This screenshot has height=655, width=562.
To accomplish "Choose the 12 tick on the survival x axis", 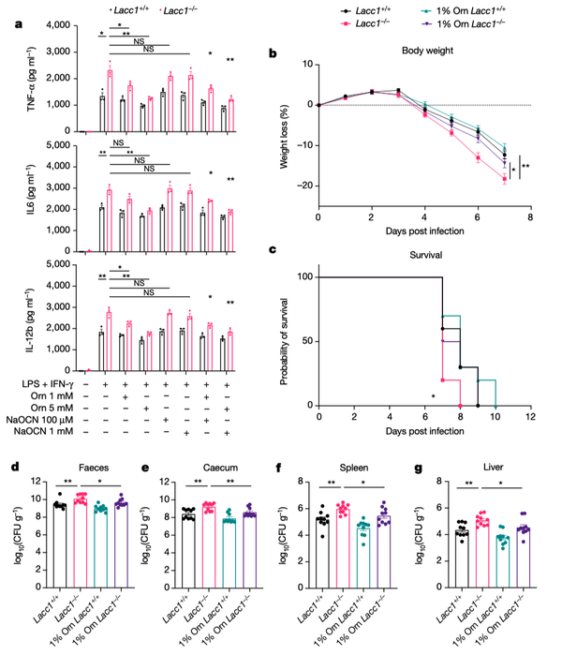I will point(529,417).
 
